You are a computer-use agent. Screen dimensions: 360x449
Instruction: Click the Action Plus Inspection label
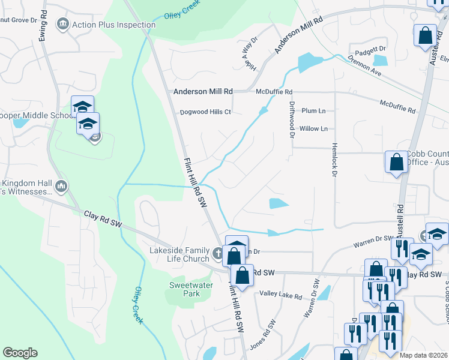(113, 25)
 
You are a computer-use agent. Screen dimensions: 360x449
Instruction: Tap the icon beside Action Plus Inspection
(62, 24)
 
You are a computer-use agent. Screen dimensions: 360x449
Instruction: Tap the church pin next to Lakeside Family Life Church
(218, 252)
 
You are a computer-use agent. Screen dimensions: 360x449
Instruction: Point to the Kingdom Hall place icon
(61, 187)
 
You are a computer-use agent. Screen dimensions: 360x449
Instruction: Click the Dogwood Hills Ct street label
(206, 112)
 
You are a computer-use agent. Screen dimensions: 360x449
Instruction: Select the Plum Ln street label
(313, 111)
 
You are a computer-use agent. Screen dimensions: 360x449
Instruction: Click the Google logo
(20, 353)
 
